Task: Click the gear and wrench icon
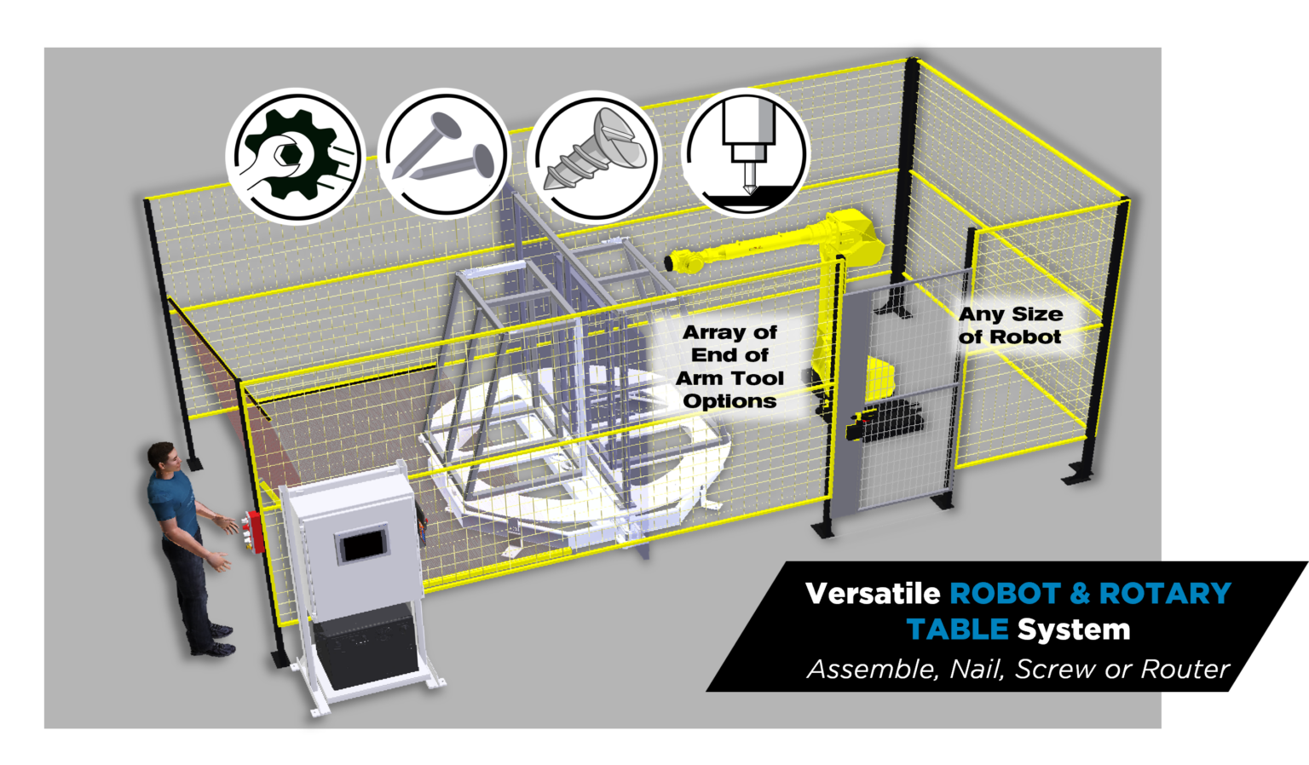(294, 156)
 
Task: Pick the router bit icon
(745, 153)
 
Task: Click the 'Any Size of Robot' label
(1010, 325)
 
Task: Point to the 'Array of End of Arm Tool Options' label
(729, 366)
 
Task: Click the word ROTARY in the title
(1164, 593)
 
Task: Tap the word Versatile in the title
(873, 593)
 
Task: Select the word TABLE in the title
(957, 630)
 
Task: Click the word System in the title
(1074, 630)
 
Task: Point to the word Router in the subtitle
(1185, 670)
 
